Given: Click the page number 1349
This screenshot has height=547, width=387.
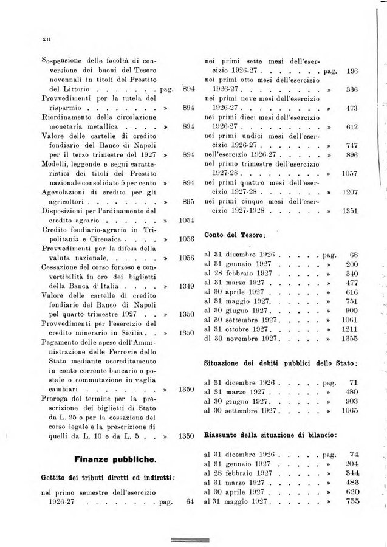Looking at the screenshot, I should click(187, 286).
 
